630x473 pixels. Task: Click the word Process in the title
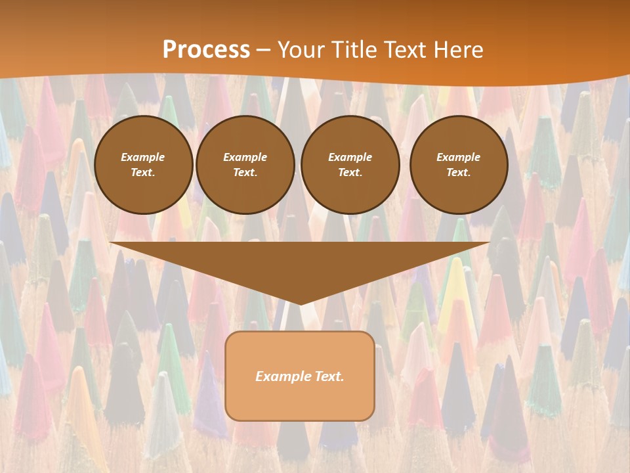coord(206,50)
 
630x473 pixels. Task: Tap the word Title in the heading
coord(353,50)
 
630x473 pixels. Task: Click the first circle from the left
coord(143,165)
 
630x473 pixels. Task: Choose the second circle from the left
coord(245,165)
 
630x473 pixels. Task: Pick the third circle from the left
coord(350,165)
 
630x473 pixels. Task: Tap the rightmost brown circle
coord(458,165)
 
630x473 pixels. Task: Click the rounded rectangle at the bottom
coord(300,376)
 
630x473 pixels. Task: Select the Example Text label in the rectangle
coord(300,376)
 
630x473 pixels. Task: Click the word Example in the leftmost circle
coord(143,157)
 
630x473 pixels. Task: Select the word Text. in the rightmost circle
coord(458,173)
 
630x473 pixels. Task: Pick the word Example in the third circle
coord(350,157)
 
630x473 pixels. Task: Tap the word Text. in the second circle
coord(245,173)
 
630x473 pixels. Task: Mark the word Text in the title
coord(405,50)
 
